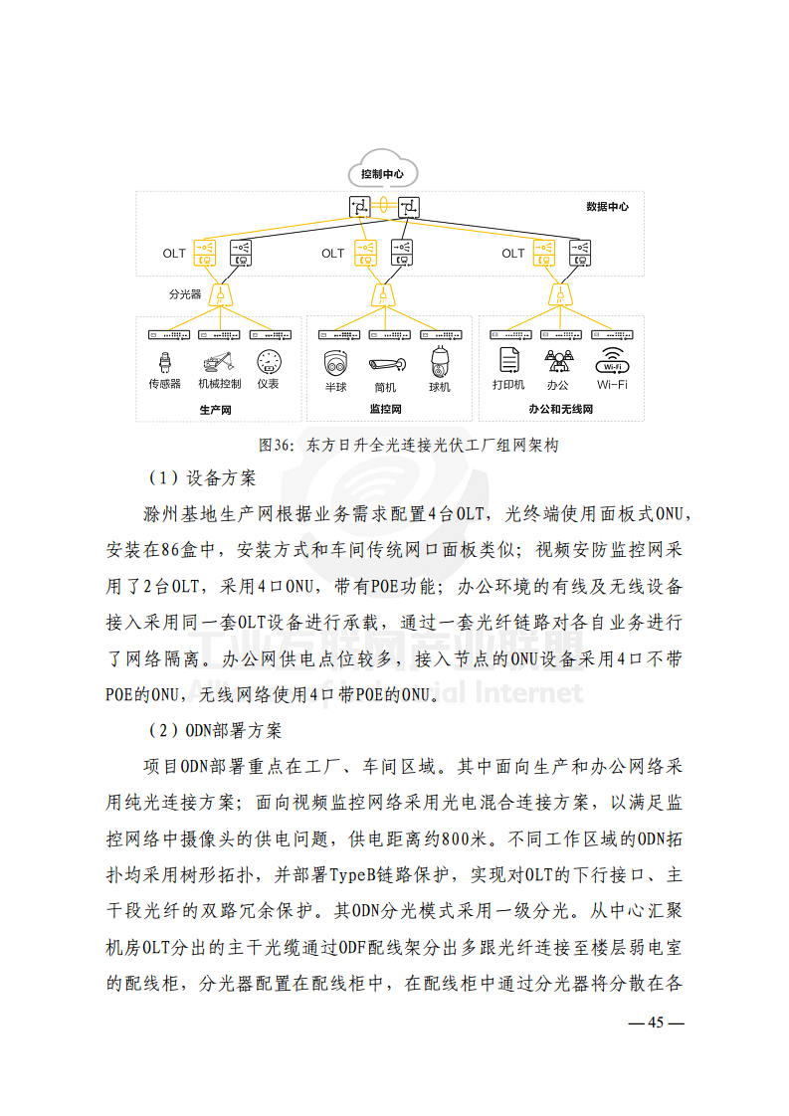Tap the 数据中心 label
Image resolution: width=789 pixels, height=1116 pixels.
pos(607,207)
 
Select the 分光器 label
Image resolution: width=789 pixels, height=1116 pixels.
pos(185,294)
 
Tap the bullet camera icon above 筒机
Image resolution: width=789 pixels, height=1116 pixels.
pos(385,364)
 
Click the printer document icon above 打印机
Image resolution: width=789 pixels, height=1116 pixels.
pos(508,361)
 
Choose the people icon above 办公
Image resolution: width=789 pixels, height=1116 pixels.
pos(558,361)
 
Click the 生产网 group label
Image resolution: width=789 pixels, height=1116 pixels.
pos(215,409)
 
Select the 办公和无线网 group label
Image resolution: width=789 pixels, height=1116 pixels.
pos(560,409)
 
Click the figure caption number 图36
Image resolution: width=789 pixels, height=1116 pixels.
pos(273,446)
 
